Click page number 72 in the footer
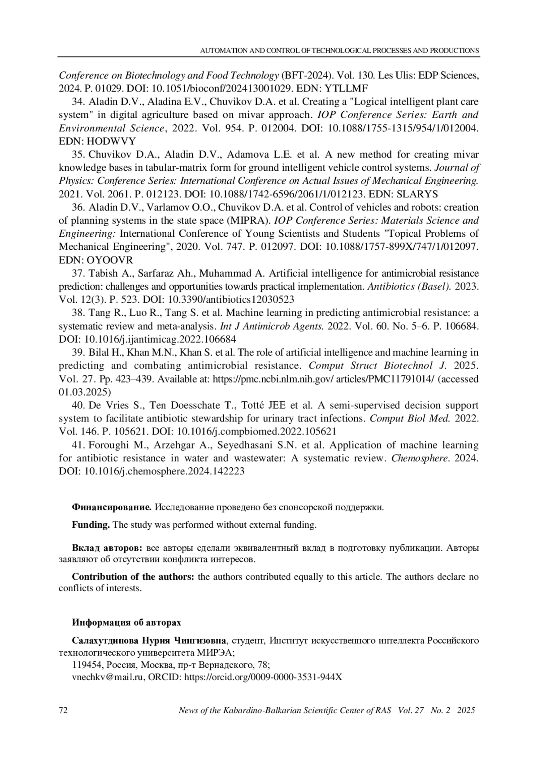click(63, 710)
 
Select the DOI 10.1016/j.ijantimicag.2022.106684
click(161, 339)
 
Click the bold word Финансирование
click(112, 508)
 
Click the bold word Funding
click(91, 525)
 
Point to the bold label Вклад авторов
click(107, 548)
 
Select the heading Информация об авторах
click(127, 623)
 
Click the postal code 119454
click(86, 665)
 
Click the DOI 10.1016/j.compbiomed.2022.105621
click(257, 431)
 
